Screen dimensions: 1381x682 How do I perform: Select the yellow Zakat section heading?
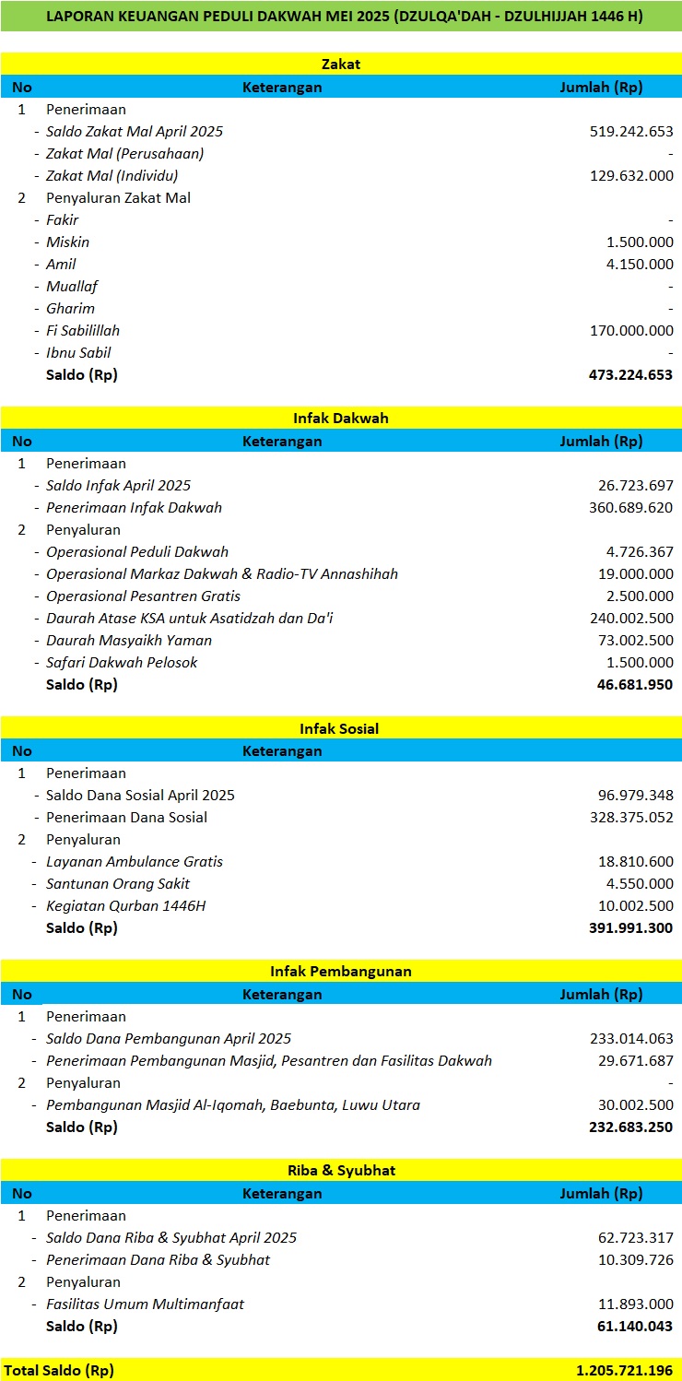[341, 65]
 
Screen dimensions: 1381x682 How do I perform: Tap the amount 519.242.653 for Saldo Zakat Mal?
[631, 132]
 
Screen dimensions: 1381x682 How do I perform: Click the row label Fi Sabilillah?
[83, 331]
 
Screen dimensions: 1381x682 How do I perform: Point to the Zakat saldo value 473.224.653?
[630, 375]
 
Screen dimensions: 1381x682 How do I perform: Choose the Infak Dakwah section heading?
[341, 419]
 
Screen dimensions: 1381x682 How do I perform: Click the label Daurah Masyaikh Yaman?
[129, 641]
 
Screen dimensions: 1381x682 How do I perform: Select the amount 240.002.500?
[631, 619]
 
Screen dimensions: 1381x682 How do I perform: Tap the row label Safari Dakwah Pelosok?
[122, 663]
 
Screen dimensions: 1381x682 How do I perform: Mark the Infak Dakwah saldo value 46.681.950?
[635, 685]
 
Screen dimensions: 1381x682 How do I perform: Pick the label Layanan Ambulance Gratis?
[135, 862]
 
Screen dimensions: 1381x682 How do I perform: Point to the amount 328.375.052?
[631, 818]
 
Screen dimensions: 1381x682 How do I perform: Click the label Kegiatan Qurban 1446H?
[126, 906]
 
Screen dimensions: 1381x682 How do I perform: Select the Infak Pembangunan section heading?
[341, 972]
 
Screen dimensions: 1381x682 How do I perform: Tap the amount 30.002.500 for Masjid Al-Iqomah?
[635, 1105]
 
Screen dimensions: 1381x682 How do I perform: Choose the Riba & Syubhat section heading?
[341, 1171]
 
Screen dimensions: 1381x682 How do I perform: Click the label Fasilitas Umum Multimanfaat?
[146, 1304]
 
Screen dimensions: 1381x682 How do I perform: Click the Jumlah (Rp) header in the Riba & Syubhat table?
[601, 1194]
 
